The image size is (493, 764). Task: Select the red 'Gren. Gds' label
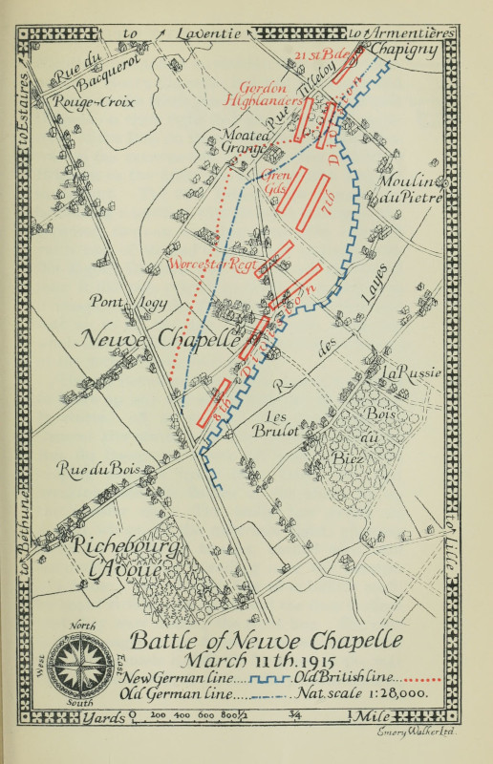[x=273, y=182]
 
